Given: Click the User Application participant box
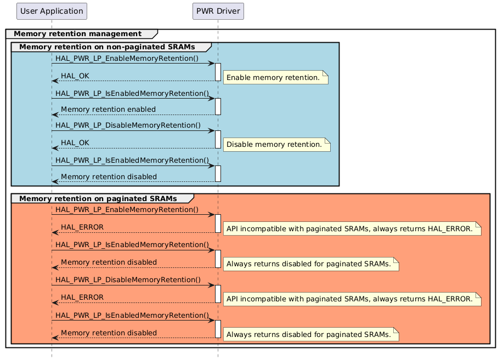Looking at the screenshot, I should pos(52,10).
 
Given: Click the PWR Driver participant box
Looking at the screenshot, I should pos(218,10).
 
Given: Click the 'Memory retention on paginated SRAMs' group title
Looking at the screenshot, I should pos(98,198).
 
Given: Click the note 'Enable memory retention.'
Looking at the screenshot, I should pos(273,78).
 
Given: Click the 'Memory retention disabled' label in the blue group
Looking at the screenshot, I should pos(109,177).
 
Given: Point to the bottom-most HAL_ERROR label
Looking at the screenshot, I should pos(82,298).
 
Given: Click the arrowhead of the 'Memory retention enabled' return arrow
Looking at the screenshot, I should pos(54,115).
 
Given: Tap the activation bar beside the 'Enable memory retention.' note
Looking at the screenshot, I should pos(218,72).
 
